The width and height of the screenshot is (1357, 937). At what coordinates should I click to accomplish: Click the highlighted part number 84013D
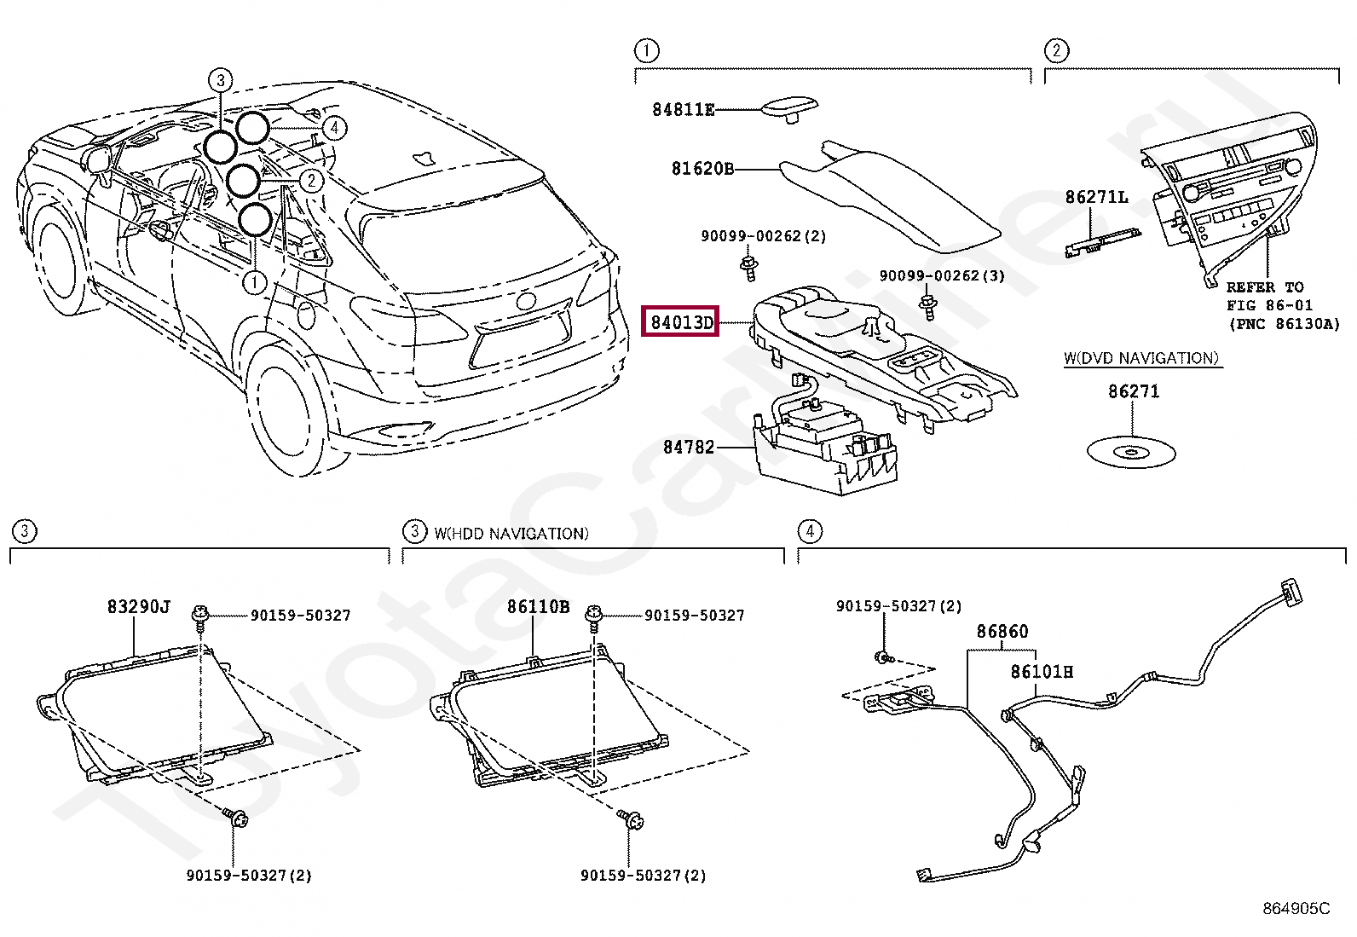[680, 322]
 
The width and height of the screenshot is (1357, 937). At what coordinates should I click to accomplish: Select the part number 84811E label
[683, 109]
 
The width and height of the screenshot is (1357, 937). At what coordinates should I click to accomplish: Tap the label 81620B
[702, 169]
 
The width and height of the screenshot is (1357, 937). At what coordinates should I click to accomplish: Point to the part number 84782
[688, 446]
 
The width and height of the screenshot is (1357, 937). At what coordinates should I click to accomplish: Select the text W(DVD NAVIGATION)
[1141, 358]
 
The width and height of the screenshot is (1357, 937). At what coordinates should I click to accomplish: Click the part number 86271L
[1095, 198]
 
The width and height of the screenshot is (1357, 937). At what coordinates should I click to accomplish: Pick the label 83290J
[139, 606]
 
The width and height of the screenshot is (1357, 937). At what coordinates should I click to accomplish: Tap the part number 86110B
[538, 606]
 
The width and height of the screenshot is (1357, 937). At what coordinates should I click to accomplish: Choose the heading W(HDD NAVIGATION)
[511, 534]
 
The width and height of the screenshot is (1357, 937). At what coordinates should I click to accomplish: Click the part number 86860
[1002, 632]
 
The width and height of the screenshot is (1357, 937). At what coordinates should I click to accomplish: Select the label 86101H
[1042, 672]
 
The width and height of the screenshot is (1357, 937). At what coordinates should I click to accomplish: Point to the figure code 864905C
[1296, 909]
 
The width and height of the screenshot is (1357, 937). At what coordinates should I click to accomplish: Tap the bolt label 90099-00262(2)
[763, 236]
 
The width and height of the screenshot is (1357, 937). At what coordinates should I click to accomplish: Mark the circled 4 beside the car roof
[335, 128]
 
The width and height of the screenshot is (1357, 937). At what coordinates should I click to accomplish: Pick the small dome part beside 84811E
[790, 108]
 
